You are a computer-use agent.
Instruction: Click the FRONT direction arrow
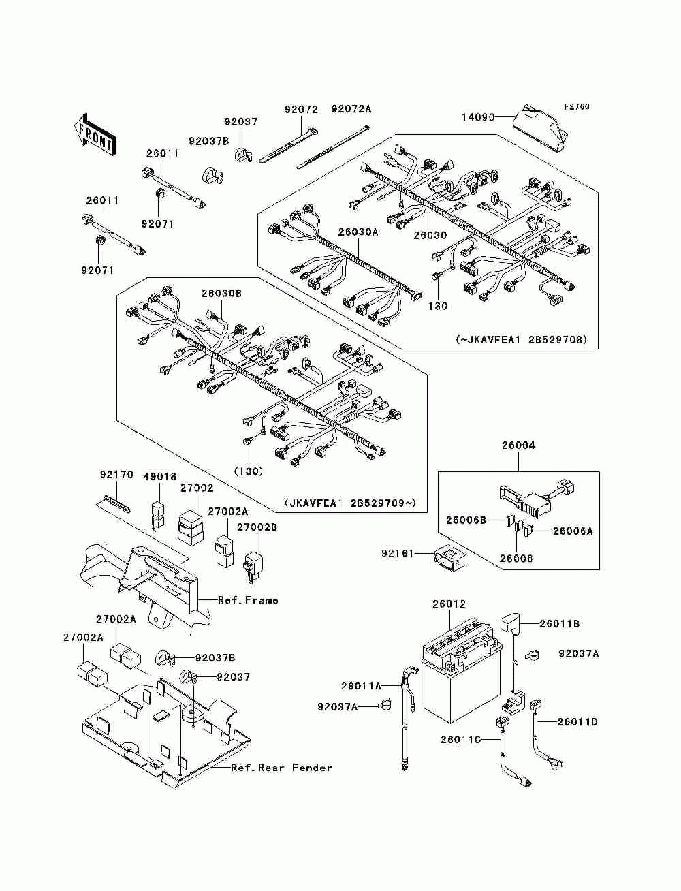pyautogui.click(x=95, y=134)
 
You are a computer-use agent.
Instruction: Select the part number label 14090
pyautogui.click(x=478, y=117)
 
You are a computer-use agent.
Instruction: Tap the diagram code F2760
pyautogui.click(x=576, y=107)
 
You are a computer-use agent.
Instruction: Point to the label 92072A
pyautogui.click(x=351, y=109)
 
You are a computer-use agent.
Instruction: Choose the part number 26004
pyautogui.click(x=518, y=445)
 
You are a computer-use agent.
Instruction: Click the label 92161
pyautogui.click(x=398, y=553)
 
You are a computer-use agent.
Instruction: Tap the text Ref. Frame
pyautogui.click(x=248, y=600)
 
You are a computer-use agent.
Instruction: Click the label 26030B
pyautogui.click(x=221, y=293)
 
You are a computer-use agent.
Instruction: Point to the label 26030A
pyautogui.click(x=358, y=232)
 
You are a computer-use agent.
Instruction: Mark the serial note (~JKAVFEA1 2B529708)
pyautogui.click(x=521, y=339)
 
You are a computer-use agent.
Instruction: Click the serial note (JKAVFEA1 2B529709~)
pyautogui.click(x=351, y=503)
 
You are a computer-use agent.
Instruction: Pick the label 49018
pyautogui.click(x=160, y=477)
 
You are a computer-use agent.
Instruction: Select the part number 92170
pyautogui.click(x=117, y=475)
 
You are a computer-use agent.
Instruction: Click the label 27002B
pyautogui.click(x=257, y=527)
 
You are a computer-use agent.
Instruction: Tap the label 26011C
pyautogui.click(x=460, y=740)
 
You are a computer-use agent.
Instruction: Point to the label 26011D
pyautogui.click(x=577, y=722)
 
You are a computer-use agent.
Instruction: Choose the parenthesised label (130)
pyautogui.click(x=249, y=471)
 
